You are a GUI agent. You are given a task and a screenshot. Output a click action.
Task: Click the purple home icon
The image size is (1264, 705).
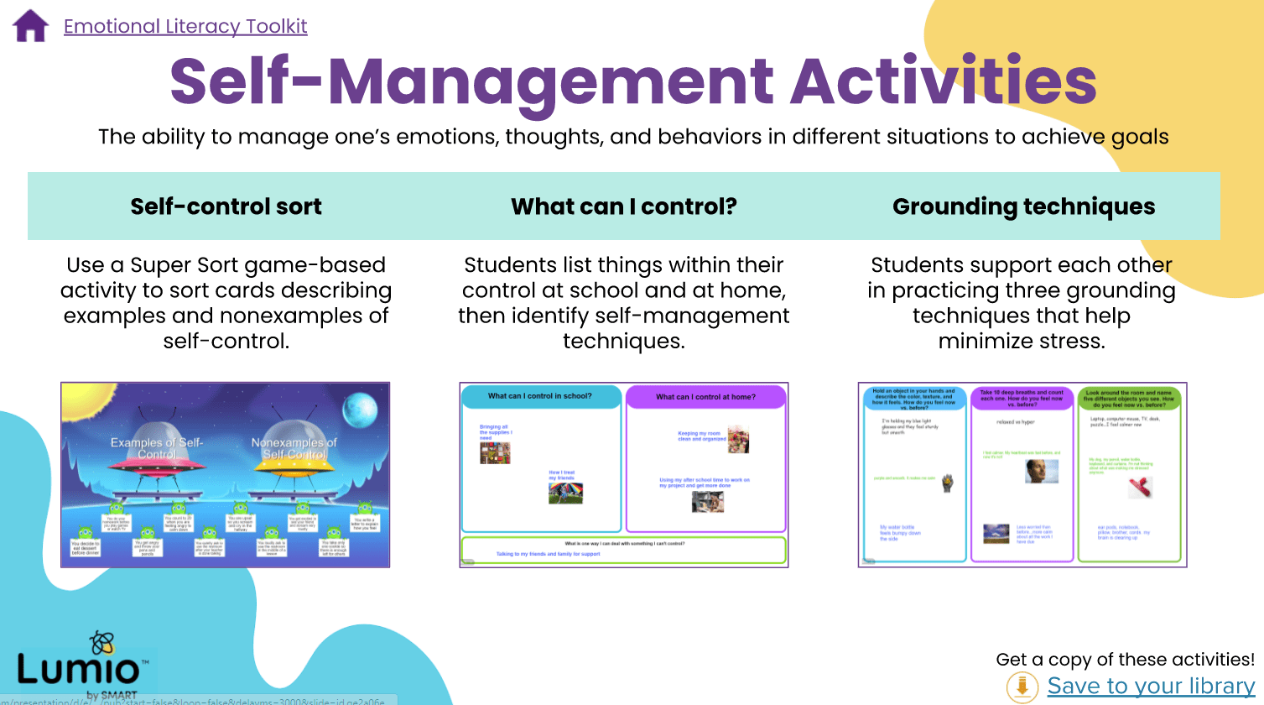tap(31, 26)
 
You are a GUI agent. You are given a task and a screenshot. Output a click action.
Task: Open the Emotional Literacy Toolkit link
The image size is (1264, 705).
tap(185, 26)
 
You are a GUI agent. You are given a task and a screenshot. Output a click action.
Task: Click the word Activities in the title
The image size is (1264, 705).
tap(944, 81)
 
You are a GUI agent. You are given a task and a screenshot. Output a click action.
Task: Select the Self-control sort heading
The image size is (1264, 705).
tap(226, 206)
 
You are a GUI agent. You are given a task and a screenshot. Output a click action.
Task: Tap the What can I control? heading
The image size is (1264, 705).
tap(623, 206)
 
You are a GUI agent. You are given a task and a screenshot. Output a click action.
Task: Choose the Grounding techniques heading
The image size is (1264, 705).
tap(1023, 206)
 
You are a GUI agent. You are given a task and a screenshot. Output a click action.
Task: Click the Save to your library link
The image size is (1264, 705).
tap(1151, 686)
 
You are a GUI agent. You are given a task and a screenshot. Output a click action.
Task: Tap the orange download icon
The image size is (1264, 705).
tap(1022, 687)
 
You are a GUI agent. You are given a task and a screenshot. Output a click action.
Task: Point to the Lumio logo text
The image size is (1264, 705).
tap(78, 670)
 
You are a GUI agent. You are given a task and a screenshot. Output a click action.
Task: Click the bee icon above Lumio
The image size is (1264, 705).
tap(101, 644)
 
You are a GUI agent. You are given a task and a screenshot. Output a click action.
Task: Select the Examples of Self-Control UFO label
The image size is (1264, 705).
tap(157, 448)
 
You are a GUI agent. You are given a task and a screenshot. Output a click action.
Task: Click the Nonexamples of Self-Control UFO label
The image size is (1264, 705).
tap(294, 448)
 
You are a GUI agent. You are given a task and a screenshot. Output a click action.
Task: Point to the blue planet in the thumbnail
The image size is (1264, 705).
tap(359, 410)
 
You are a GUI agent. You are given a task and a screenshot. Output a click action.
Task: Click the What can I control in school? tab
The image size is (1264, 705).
tap(540, 396)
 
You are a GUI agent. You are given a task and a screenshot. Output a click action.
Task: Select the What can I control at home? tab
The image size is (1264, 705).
tap(705, 397)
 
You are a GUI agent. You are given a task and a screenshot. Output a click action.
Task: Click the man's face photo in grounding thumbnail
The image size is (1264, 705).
tap(1041, 471)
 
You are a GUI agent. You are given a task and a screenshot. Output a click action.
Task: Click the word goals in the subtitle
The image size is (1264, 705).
tap(1140, 137)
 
